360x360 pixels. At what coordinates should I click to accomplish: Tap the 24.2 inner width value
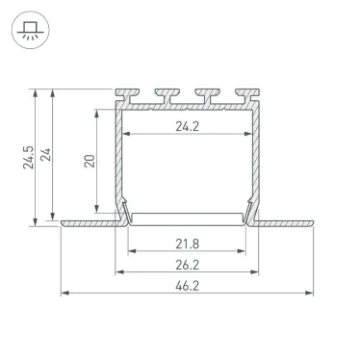189,123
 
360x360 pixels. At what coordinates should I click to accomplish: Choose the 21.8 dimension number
189,241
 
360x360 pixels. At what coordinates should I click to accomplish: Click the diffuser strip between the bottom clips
189,215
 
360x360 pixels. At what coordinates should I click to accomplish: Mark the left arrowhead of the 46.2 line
64,292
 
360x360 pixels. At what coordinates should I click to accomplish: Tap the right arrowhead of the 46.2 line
314,292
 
